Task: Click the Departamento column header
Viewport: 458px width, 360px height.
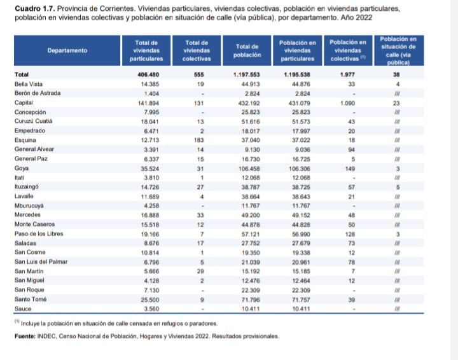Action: click(x=67, y=50)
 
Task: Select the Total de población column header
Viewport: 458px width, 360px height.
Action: click(x=246, y=51)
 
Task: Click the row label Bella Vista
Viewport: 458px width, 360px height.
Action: click(x=29, y=84)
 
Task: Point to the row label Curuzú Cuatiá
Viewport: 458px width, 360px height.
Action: click(x=34, y=121)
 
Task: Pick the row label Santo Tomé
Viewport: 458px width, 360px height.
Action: click(x=30, y=299)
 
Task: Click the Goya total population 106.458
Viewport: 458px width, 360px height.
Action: click(x=246, y=169)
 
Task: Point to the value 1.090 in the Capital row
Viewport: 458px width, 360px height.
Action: click(x=348, y=102)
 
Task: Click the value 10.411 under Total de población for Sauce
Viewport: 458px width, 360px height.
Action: click(x=247, y=308)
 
